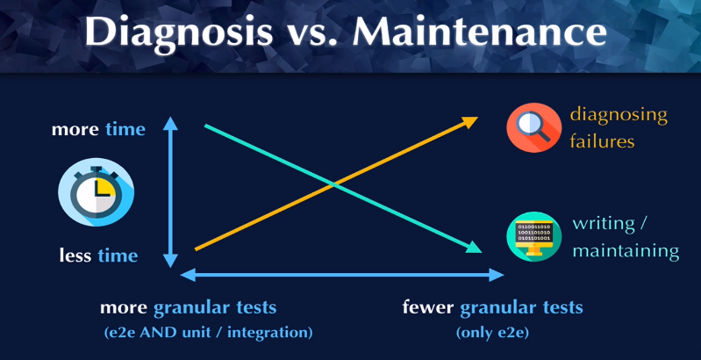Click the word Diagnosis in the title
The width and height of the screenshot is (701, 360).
178,33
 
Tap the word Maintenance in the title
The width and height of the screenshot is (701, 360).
480,32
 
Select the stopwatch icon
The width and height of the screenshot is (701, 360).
97,191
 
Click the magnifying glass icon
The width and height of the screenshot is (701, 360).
533,128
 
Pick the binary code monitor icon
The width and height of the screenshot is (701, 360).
533,236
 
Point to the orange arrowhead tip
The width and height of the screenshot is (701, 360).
478,118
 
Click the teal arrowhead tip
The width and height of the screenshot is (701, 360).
482,252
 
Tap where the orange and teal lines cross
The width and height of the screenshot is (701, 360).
333,184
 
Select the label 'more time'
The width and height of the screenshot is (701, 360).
98,129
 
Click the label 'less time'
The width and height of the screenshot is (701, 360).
98,256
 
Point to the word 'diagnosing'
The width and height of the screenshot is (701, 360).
619,116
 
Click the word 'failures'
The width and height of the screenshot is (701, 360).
602,141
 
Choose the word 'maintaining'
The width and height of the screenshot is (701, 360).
626,250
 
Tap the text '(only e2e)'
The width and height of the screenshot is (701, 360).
492,333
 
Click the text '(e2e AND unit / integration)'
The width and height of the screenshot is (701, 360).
207,333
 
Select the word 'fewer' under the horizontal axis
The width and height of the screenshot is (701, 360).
428,307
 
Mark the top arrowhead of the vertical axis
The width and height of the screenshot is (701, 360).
170,118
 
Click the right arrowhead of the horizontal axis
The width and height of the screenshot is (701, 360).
504,275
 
